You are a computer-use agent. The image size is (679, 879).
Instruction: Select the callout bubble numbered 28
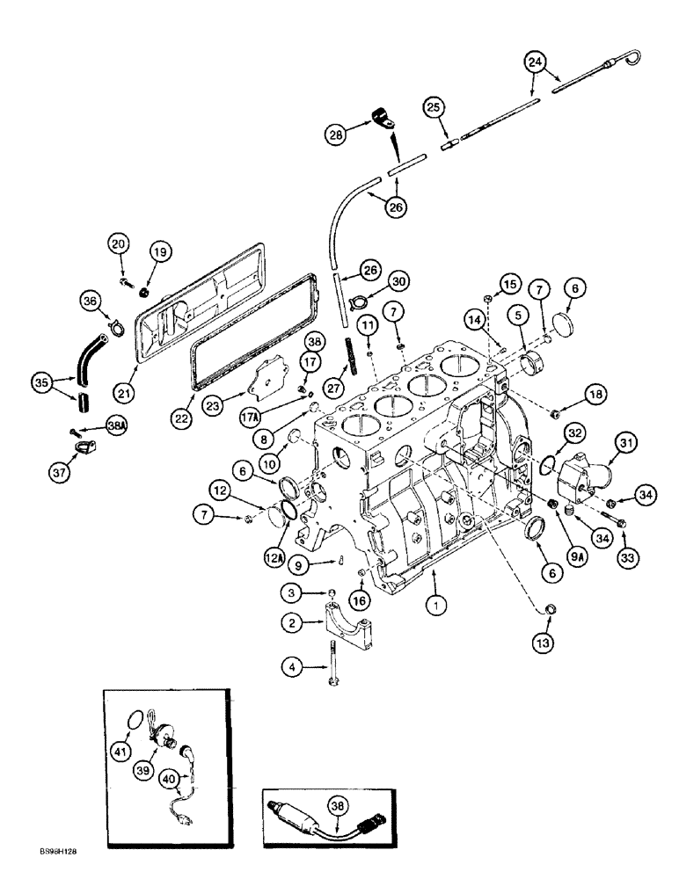[x=336, y=134]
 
